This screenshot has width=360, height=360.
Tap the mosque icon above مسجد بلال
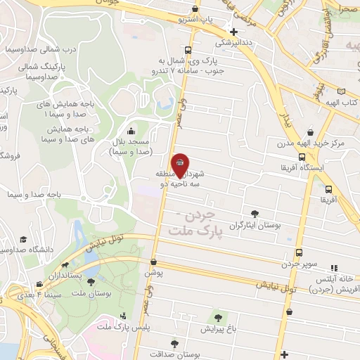pyautogui.click(x=131, y=131)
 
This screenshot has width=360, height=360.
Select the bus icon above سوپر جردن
pyautogui.click(x=300, y=252)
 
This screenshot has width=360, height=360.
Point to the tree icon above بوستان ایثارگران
pyautogui.click(x=255, y=214)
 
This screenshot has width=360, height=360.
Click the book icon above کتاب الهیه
pyautogui.click(x=342, y=91)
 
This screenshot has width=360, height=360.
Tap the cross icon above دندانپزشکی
pyautogui.click(x=233, y=32)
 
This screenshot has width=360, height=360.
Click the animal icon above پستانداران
pyautogui.click(x=65, y=266)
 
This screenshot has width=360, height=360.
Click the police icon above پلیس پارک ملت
pyautogui.click(x=124, y=316)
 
